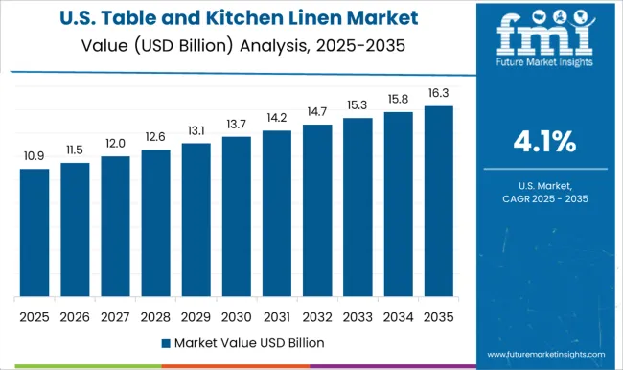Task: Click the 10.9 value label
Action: (x=35, y=156)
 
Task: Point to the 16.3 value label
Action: (x=438, y=93)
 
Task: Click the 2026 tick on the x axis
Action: (x=75, y=316)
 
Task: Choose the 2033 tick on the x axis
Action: (x=358, y=316)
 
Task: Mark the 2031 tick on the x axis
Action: (x=276, y=316)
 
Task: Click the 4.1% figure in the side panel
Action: (x=543, y=144)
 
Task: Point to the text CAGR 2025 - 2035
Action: (x=543, y=197)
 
